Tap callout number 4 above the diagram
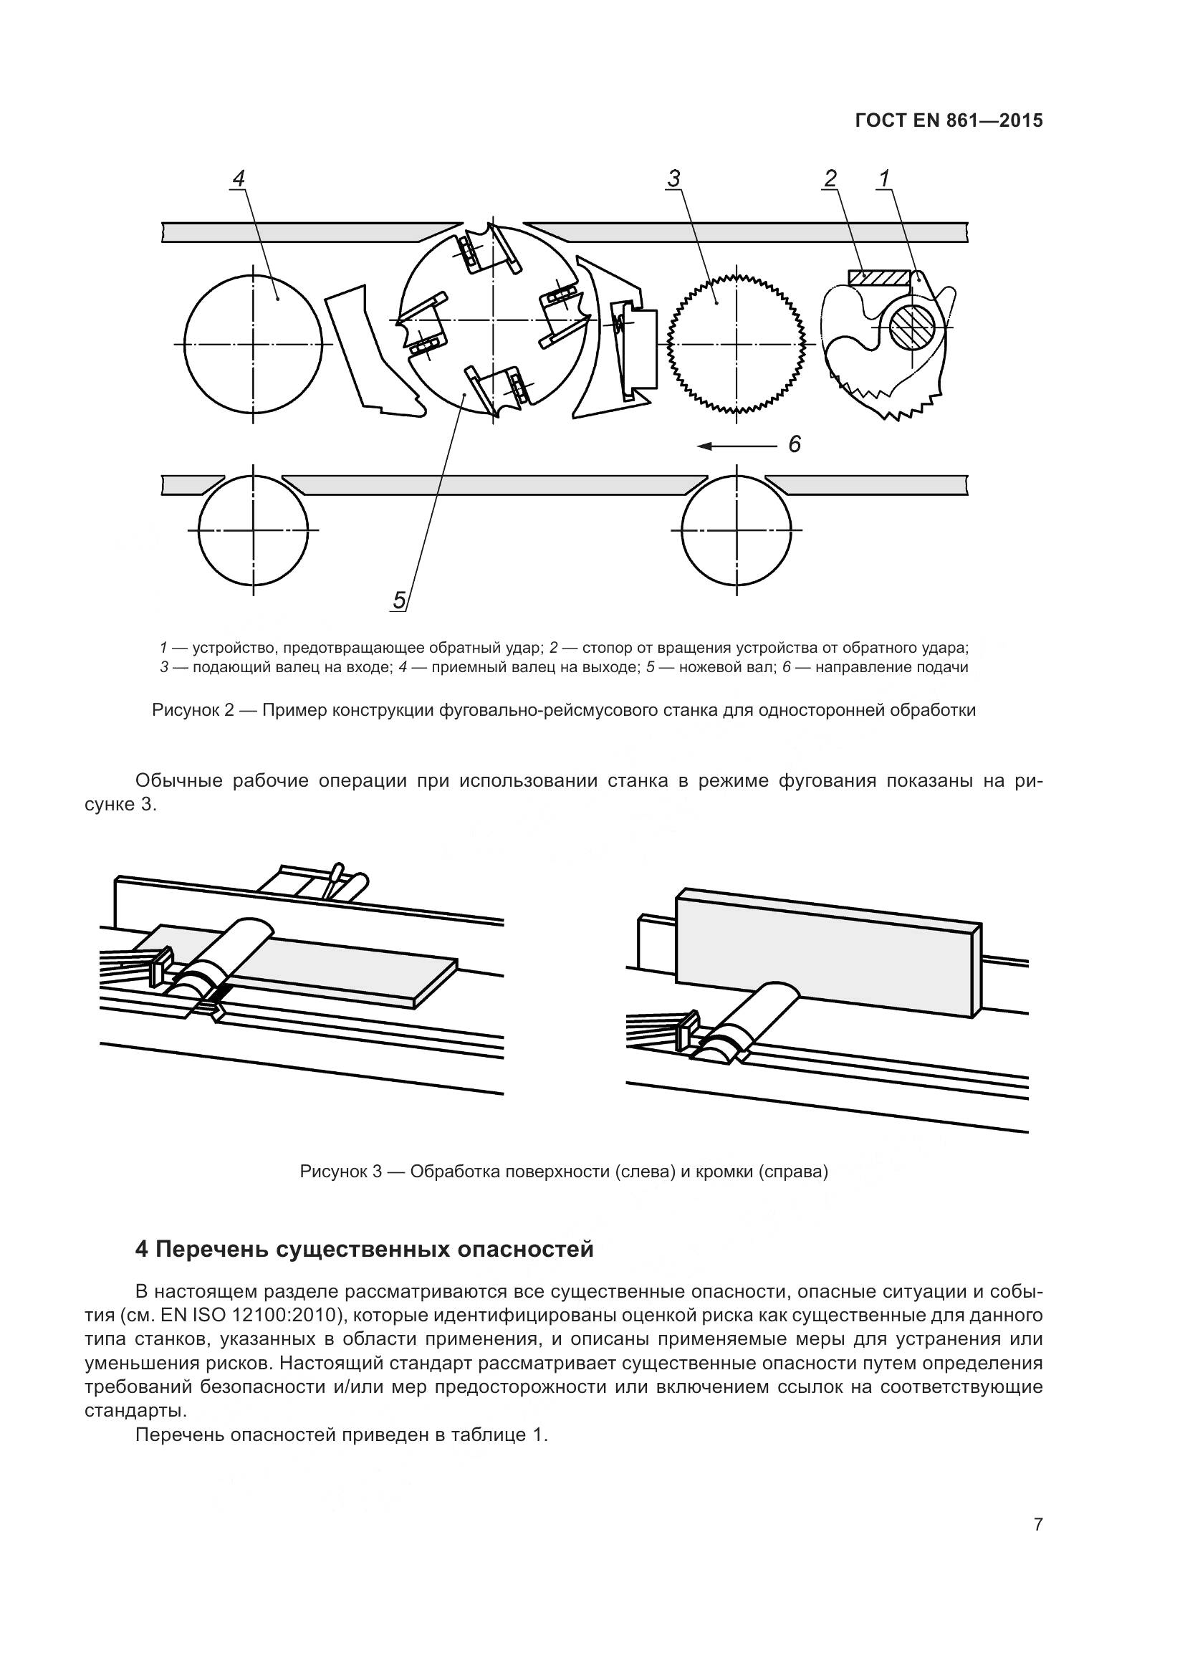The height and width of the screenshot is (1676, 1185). click(238, 179)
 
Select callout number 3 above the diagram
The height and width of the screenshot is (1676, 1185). click(673, 179)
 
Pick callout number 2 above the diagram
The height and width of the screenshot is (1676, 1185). click(830, 178)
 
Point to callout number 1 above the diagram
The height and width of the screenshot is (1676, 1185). click(884, 178)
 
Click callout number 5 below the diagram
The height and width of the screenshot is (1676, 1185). click(399, 600)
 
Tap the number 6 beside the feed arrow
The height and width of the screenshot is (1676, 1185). click(795, 444)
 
